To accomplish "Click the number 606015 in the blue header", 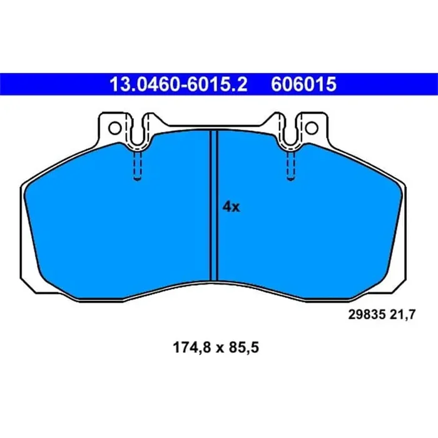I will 304,84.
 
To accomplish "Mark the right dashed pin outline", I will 290,165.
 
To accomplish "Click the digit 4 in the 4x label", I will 227,207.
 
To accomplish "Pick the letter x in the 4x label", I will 235,208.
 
